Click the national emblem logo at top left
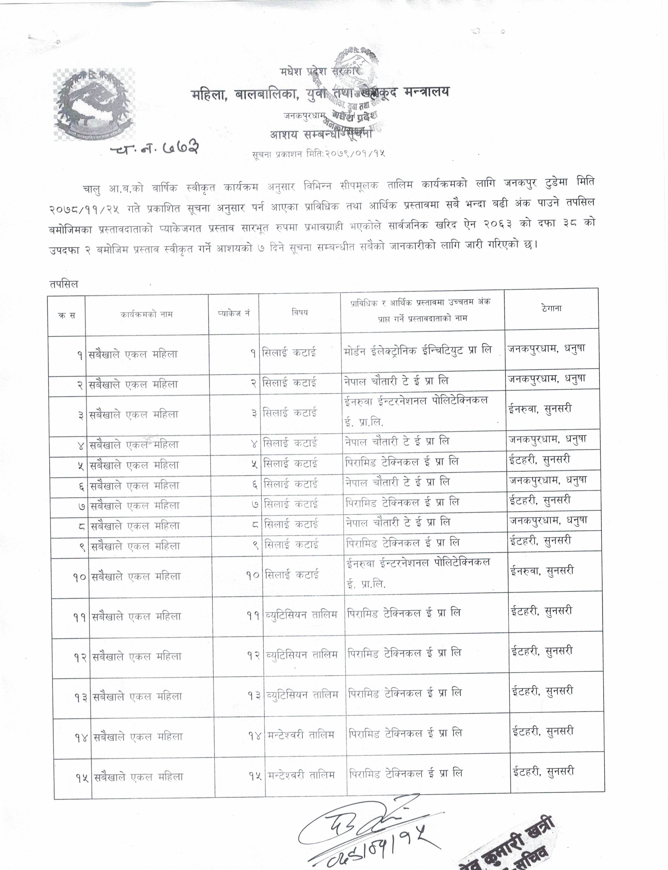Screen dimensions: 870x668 (x=94, y=104)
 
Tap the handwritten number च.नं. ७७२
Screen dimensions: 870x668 (x=154, y=148)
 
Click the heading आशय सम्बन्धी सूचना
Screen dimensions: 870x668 (x=321, y=134)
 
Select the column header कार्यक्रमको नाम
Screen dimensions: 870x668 (x=147, y=314)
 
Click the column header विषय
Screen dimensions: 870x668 (x=299, y=313)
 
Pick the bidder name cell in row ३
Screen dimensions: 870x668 (x=416, y=411)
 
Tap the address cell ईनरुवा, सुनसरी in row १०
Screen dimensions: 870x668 (x=542, y=571)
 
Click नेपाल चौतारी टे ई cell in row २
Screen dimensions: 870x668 (x=396, y=381)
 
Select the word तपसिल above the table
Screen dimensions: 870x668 (x=64, y=284)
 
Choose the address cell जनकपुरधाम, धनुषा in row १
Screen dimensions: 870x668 (x=546, y=349)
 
